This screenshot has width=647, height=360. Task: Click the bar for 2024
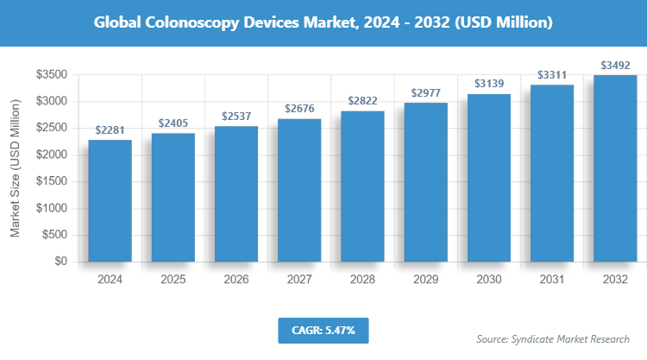(x=110, y=200)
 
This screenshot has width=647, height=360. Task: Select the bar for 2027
(x=299, y=190)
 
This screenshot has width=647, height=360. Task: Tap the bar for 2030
(x=488, y=178)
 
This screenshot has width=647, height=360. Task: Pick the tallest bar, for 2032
(x=615, y=168)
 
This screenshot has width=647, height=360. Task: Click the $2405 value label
(x=173, y=123)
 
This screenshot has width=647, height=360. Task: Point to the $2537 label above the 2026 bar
(x=236, y=116)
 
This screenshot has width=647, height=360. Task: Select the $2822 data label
(x=362, y=101)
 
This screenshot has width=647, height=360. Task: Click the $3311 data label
(x=552, y=75)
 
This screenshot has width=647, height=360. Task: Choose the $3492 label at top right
(x=615, y=65)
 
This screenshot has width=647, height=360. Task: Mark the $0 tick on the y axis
(x=60, y=261)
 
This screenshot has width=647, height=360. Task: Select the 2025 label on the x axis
(x=173, y=280)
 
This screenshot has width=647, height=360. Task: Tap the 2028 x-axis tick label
(x=362, y=280)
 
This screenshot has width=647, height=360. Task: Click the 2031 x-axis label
(x=552, y=280)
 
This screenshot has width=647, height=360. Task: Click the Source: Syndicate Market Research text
(x=553, y=338)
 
